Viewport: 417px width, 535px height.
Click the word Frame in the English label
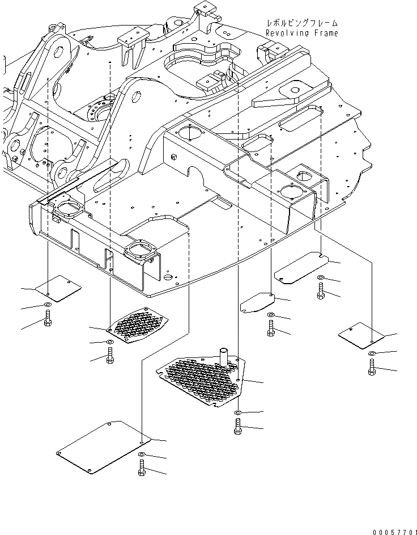[x=327, y=33]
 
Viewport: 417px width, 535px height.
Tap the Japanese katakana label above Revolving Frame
[x=302, y=23]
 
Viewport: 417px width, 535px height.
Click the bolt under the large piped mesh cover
[x=237, y=426]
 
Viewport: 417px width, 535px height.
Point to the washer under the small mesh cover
[x=109, y=343]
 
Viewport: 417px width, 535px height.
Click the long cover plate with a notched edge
[x=300, y=269]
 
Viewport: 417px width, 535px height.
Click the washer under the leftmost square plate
[x=48, y=306]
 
